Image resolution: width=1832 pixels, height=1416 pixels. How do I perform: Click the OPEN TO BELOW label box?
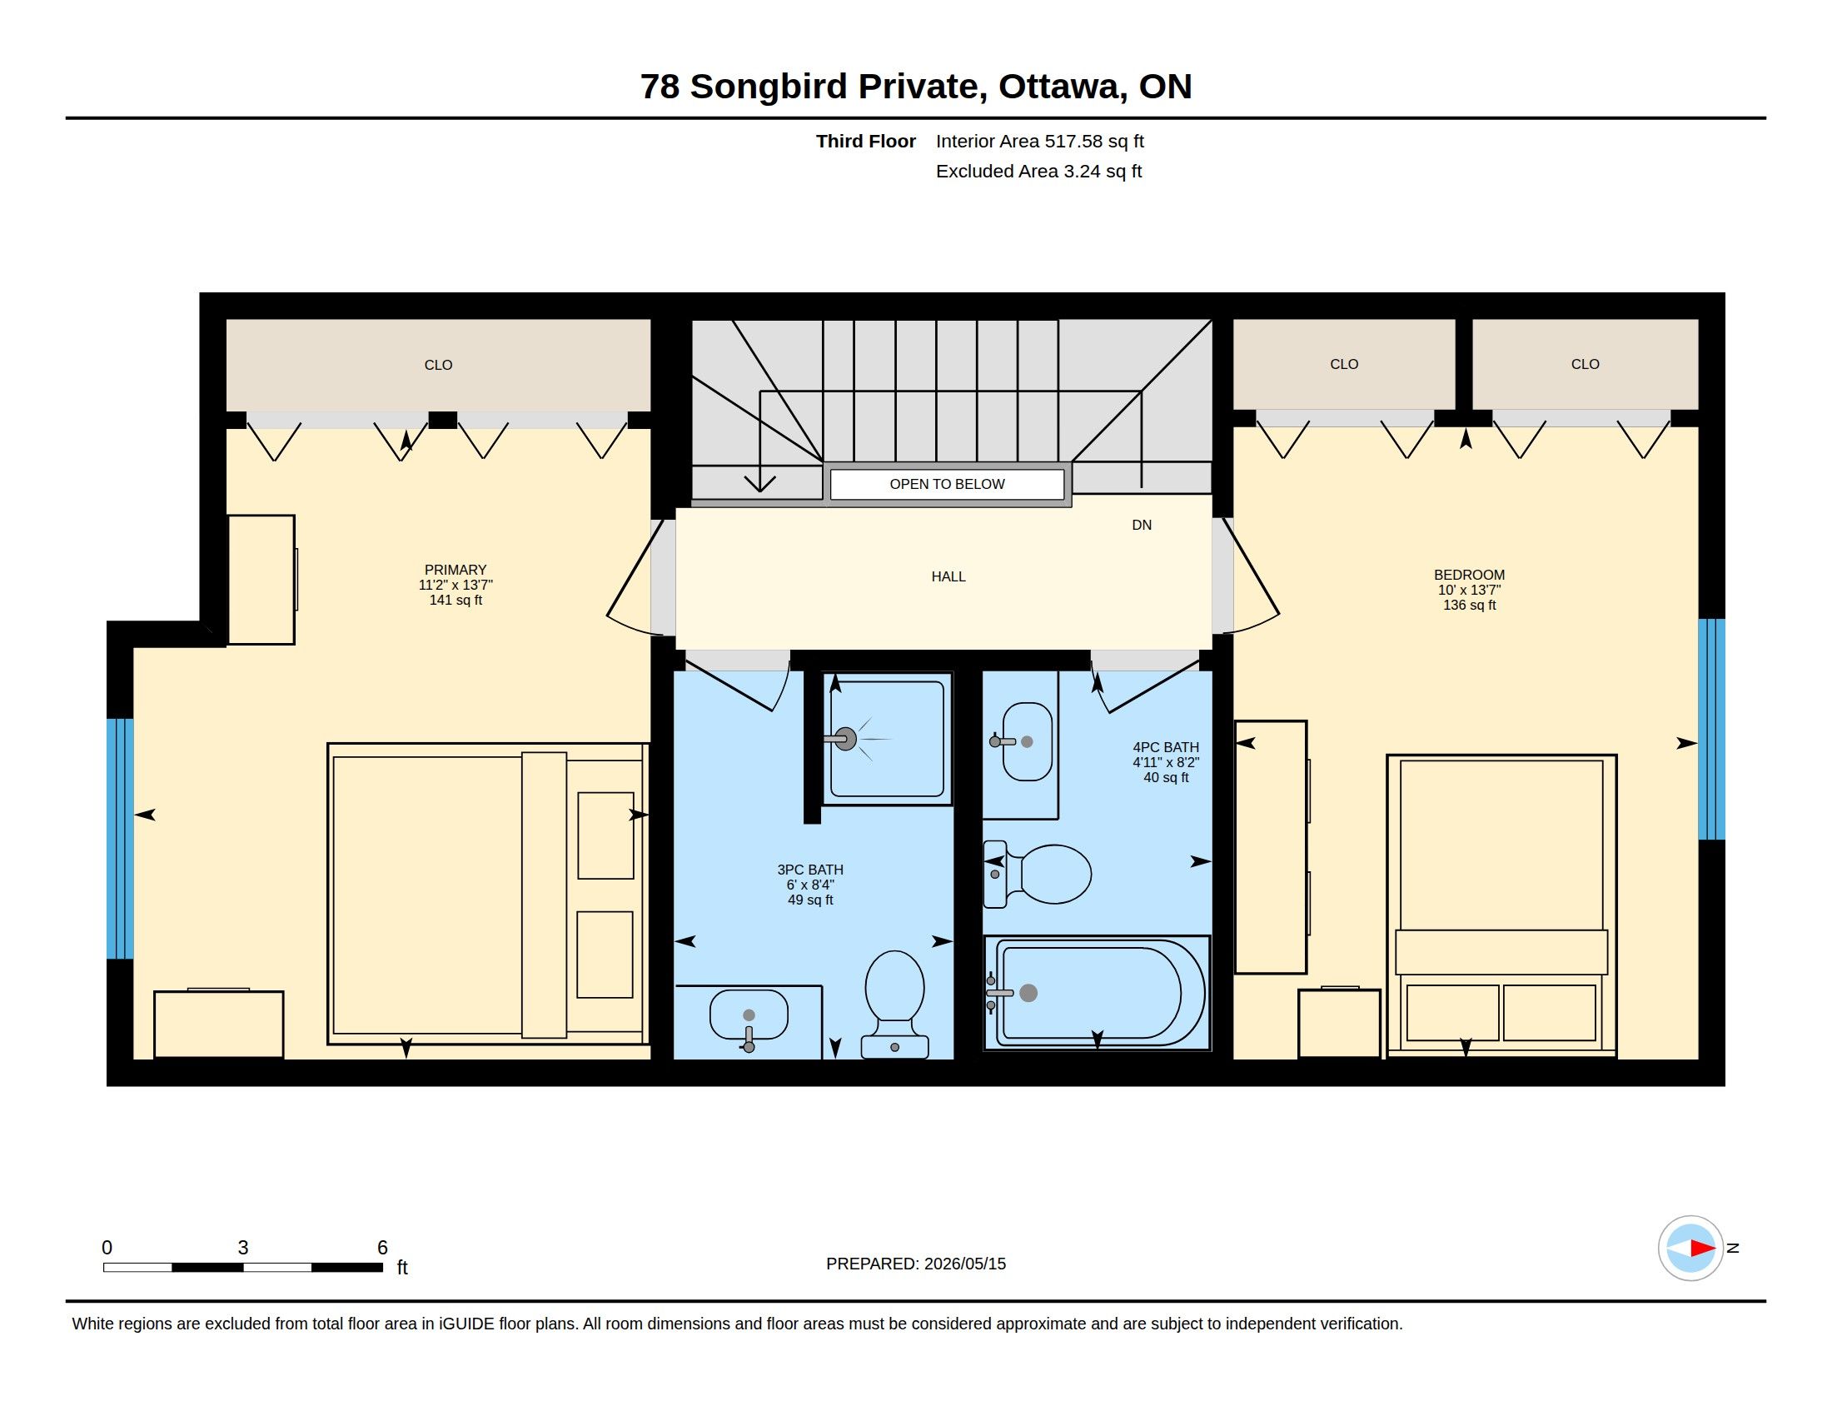[x=947, y=484]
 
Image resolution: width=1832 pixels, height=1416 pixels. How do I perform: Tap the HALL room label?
[x=948, y=576]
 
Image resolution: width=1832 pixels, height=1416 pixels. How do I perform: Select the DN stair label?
[x=1142, y=525]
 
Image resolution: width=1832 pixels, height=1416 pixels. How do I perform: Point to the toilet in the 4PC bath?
[x=1038, y=874]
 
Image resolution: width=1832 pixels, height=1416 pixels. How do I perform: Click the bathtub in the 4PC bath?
[x=1098, y=992]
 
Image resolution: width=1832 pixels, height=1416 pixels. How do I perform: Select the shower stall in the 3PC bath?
[x=888, y=739]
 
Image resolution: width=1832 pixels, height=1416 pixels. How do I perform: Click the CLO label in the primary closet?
[x=438, y=365]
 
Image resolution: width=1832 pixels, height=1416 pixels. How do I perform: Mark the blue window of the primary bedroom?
[x=120, y=838]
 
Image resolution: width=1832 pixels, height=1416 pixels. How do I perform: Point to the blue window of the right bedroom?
[x=1711, y=729]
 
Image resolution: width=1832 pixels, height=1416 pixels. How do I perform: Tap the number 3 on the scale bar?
[x=243, y=1248]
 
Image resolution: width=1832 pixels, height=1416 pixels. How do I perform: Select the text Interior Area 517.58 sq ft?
[x=1039, y=141]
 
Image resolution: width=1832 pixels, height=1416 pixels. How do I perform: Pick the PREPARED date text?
[x=916, y=1264]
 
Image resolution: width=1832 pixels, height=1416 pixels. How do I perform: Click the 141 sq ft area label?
[x=456, y=600]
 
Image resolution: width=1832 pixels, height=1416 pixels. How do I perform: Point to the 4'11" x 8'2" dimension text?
[x=1166, y=762]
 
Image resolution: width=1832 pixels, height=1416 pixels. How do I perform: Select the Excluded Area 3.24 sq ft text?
[x=1038, y=171]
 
